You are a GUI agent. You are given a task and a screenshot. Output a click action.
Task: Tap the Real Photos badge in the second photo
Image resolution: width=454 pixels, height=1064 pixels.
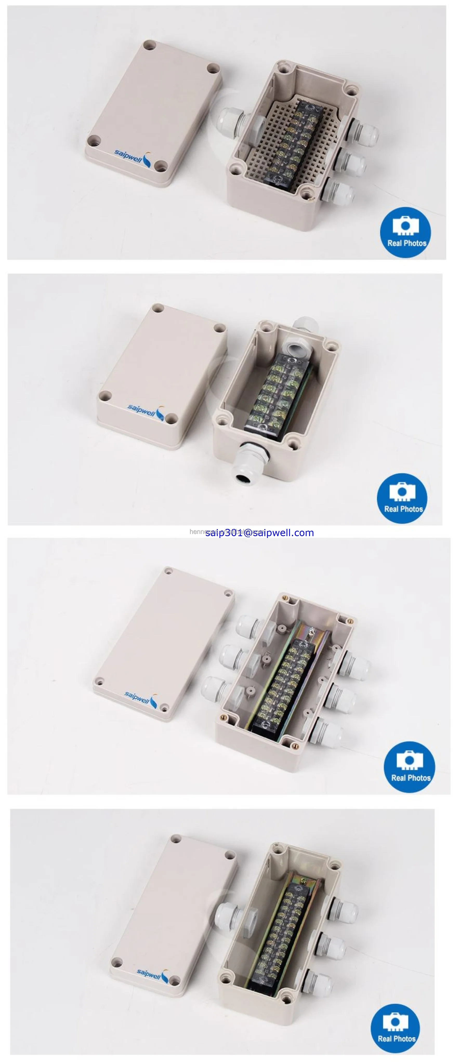pos(402,498)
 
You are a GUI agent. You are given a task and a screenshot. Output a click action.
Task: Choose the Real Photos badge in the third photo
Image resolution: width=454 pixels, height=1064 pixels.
pos(409,767)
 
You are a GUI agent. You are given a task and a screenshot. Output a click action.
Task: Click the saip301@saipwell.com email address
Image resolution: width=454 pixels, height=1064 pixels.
pos(259,533)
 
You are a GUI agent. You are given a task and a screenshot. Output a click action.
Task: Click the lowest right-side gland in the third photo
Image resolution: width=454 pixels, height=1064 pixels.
pos(326,733)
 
